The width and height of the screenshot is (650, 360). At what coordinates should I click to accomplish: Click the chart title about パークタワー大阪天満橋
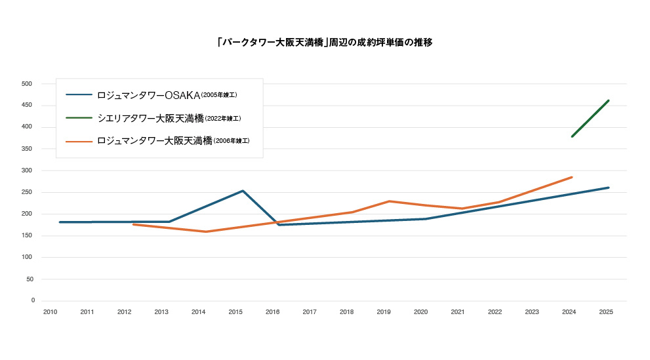tap(325, 43)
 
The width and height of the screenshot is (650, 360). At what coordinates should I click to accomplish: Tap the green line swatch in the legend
tap(79, 118)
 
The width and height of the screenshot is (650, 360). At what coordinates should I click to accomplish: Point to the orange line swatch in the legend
tap(79, 141)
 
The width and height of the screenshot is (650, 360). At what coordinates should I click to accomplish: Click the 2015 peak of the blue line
tap(243, 191)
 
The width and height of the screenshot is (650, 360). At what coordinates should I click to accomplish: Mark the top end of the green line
tap(609, 100)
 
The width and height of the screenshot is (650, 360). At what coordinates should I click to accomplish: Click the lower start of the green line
tap(572, 136)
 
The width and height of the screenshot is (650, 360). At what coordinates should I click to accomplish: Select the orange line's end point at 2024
tap(572, 177)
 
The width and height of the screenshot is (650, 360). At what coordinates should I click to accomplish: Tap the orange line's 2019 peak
tap(390, 201)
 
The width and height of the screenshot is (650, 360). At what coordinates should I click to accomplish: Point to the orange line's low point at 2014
tap(206, 231)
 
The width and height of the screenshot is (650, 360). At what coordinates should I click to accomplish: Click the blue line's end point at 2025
tap(609, 188)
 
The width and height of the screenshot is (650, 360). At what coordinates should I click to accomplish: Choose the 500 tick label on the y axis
tap(27, 84)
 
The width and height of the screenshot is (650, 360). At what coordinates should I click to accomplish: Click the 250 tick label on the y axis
tap(27, 192)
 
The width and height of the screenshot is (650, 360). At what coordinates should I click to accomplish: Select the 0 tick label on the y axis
tap(32, 300)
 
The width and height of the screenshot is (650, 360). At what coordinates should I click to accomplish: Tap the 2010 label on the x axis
tap(50, 313)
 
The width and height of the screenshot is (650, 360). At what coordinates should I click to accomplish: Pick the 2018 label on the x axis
tap(346, 313)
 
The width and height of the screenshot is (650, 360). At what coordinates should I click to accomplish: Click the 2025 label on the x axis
tap(606, 313)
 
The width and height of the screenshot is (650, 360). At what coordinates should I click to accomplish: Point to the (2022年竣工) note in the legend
tap(223, 119)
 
